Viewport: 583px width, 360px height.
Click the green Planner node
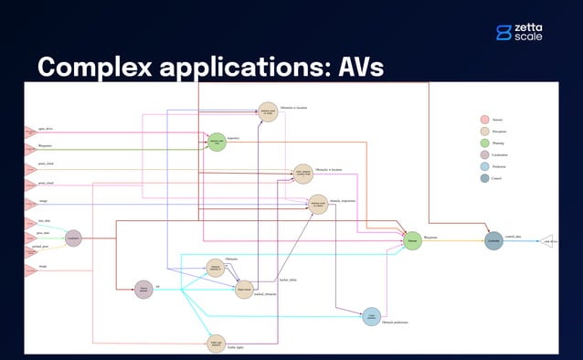click(x=413, y=241)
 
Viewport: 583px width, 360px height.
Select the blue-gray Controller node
click(x=493, y=241)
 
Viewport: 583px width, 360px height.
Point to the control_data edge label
click(x=514, y=236)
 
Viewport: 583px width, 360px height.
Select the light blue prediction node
click(x=371, y=316)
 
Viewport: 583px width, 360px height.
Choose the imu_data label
click(x=43, y=221)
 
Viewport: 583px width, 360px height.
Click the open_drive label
click(x=44, y=128)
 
